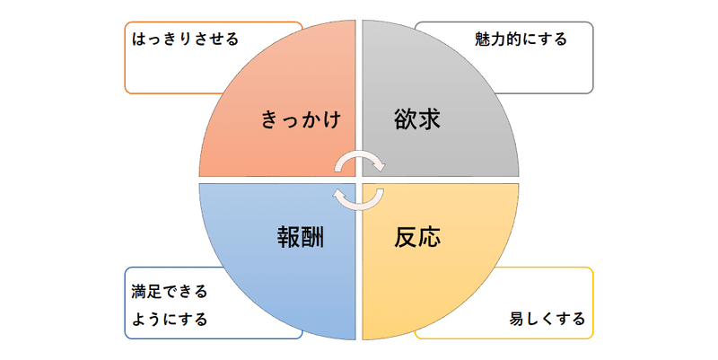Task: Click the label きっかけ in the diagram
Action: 302,119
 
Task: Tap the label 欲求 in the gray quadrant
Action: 417,119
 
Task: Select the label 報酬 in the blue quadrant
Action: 301,238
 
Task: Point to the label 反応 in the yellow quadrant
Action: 417,238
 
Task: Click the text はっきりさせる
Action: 185,40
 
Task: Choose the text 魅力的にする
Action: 521,40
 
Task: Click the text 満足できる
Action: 169,293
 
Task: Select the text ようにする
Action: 169,319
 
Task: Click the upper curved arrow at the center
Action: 360,160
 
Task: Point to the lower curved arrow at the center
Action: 358,198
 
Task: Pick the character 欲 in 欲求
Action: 406,119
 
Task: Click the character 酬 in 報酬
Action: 312,238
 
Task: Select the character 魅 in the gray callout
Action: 482,40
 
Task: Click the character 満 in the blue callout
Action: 138,293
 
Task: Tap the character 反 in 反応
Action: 406,238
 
